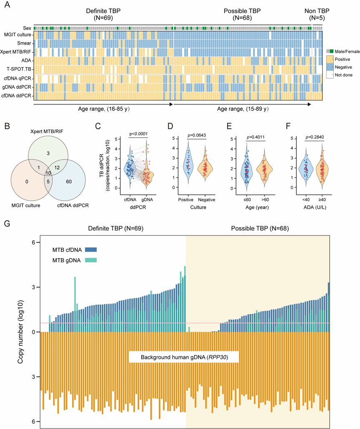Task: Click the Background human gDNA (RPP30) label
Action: pyautogui.click(x=183, y=357)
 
